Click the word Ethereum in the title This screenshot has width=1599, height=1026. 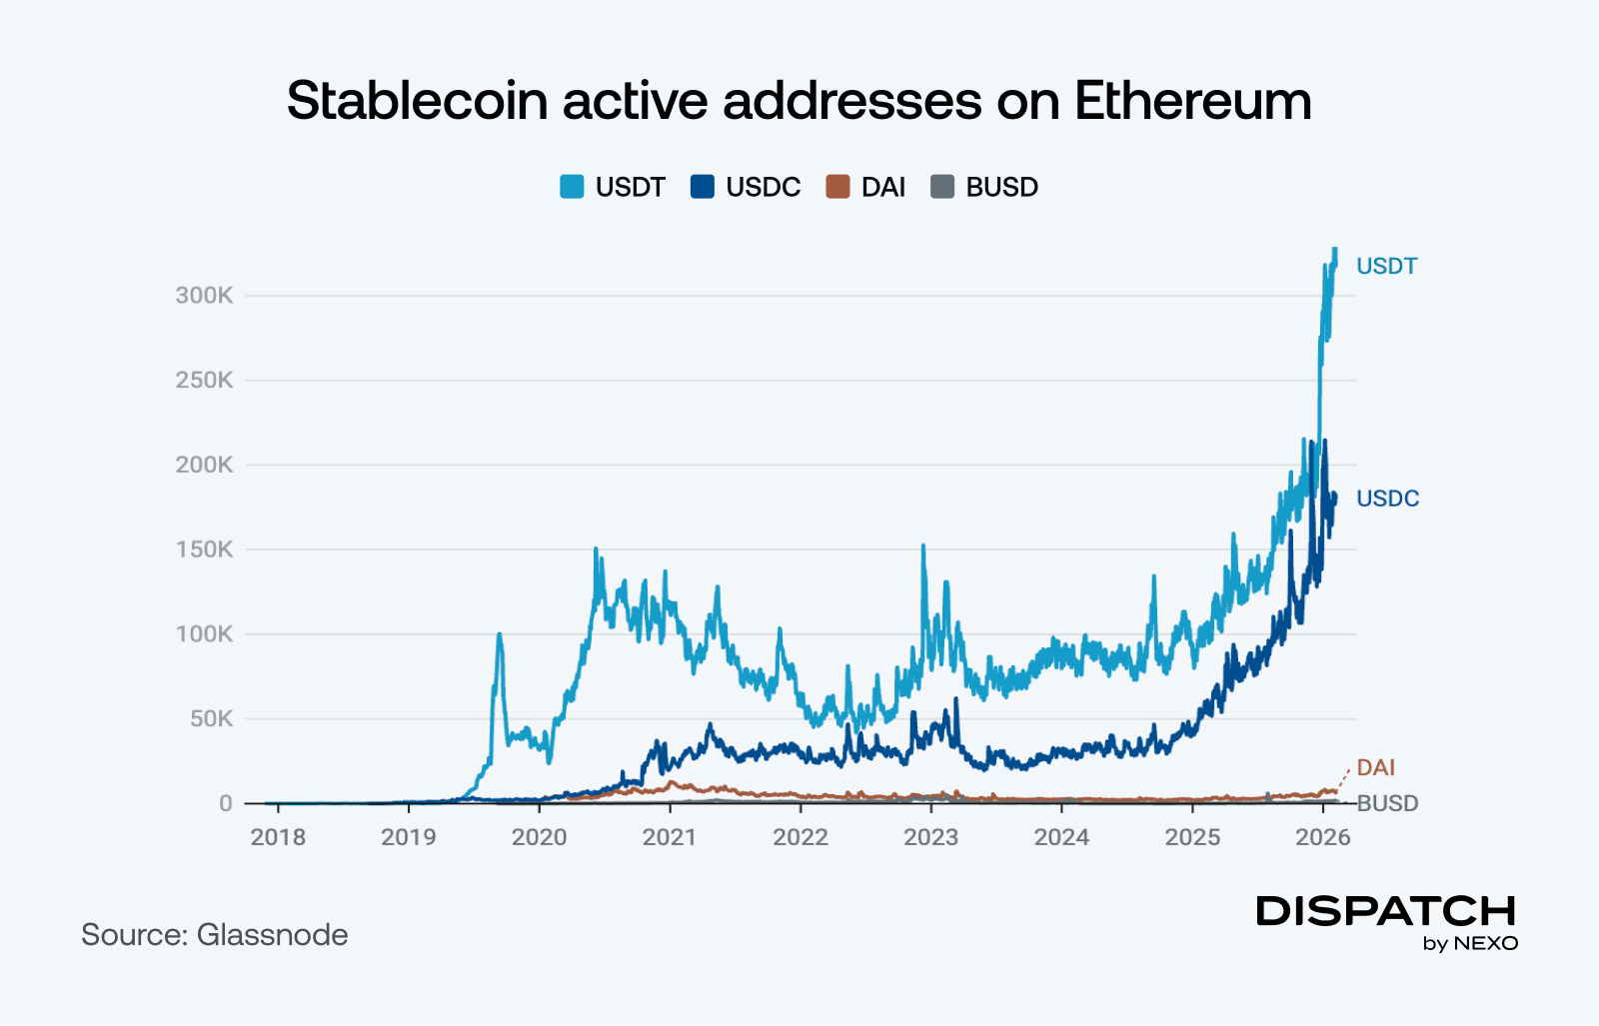[1192, 101]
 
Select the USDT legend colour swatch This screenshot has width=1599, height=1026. [572, 187]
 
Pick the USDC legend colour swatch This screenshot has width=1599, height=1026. [703, 187]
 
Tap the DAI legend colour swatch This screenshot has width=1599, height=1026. [837, 187]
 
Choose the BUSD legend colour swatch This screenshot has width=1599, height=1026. [942, 187]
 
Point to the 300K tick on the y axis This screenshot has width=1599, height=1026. [204, 296]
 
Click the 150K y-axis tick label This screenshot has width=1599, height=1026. [204, 549]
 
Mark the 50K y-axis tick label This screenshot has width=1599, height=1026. [211, 719]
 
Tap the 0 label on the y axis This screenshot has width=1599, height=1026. [226, 804]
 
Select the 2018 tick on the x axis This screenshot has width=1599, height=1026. [278, 837]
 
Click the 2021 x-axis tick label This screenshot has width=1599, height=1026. [670, 837]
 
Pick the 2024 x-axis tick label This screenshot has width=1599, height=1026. [1061, 837]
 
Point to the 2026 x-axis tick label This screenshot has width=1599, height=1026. [1323, 837]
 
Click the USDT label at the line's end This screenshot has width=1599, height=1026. [1386, 267]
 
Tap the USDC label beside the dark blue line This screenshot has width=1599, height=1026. [1387, 500]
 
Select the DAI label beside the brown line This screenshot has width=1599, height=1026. [1376, 768]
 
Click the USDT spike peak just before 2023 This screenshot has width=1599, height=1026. [922, 546]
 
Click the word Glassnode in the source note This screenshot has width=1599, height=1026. [272, 935]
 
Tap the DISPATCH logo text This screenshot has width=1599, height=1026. [1385, 911]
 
